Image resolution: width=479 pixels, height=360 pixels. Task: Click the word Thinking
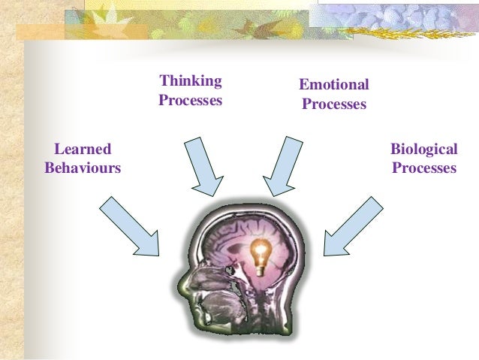coord(191,80)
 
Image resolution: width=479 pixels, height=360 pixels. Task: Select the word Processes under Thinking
coord(191,99)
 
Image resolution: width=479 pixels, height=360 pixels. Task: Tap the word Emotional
coord(333,85)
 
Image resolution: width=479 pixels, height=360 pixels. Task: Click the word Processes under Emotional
coord(333,104)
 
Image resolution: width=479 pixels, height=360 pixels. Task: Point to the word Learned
coord(83,149)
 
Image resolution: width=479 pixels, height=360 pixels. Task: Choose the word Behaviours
coord(83,168)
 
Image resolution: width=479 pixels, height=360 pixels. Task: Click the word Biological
coord(423,149)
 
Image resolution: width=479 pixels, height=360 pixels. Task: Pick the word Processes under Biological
coord(423,168)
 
